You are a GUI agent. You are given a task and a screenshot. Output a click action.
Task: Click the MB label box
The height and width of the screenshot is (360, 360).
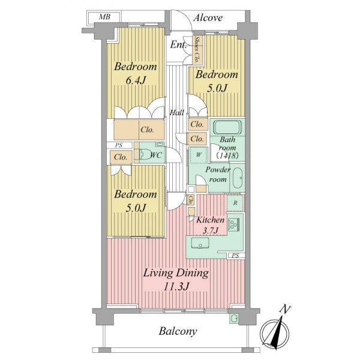104,17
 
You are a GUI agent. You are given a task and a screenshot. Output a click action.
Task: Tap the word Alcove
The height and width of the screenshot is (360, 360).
208,17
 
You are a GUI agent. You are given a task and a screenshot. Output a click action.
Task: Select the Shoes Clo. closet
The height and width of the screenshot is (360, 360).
197,50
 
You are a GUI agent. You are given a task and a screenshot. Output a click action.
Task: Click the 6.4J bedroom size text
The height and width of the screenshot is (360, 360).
136,80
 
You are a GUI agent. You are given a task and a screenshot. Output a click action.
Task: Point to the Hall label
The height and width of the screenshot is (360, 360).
177,113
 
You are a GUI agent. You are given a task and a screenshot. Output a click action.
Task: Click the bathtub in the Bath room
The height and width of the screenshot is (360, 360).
227,127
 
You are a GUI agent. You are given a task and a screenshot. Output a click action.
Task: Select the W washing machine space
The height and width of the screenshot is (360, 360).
199,155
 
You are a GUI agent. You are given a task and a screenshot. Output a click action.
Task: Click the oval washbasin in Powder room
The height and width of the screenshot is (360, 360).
238,178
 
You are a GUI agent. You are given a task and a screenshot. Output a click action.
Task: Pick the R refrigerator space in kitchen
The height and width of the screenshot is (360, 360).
235,203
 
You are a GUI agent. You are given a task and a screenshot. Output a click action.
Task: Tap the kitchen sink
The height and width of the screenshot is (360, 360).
200,243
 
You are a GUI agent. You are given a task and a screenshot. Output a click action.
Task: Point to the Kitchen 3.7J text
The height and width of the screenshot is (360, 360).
211,225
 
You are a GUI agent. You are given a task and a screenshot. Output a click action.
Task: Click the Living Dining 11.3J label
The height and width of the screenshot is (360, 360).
176,280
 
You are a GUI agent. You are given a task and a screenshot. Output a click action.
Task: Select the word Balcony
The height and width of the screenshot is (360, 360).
178,331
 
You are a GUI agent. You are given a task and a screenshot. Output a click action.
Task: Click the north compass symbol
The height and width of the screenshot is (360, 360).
274,332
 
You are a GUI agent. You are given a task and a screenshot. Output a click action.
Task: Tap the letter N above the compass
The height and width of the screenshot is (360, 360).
285,310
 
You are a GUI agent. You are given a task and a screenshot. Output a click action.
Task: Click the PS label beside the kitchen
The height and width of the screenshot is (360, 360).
235,256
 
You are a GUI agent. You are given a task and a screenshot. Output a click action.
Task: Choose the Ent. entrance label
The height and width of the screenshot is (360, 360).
178,45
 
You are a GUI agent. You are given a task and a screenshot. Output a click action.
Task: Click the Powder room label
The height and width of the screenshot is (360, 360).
218,175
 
